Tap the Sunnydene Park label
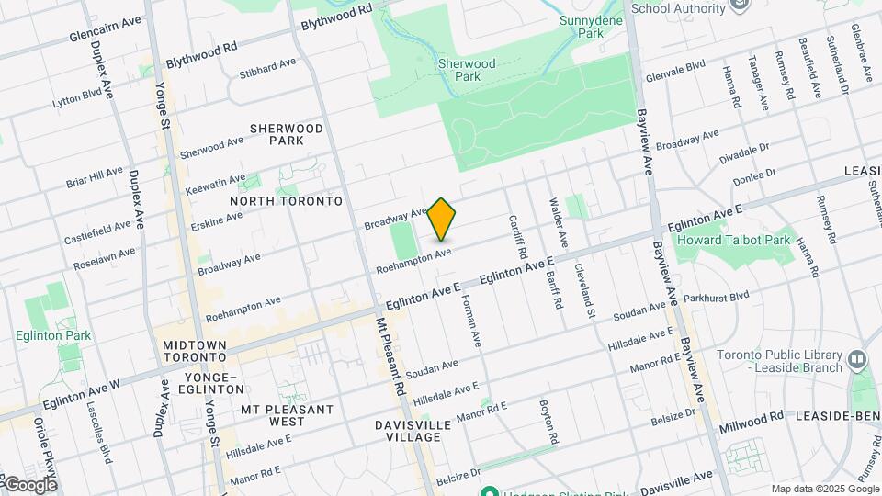tap(581, 26)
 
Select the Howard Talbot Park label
tap(733, 240)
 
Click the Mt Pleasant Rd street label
tap(390, 357)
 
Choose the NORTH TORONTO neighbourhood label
tap(286, 201)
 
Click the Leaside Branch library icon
tap(856, 357)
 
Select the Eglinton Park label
tap(52, 335)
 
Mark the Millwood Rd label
tap(752, 416)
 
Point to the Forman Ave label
tap(470, 321)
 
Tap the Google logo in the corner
tap(29, 484)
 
